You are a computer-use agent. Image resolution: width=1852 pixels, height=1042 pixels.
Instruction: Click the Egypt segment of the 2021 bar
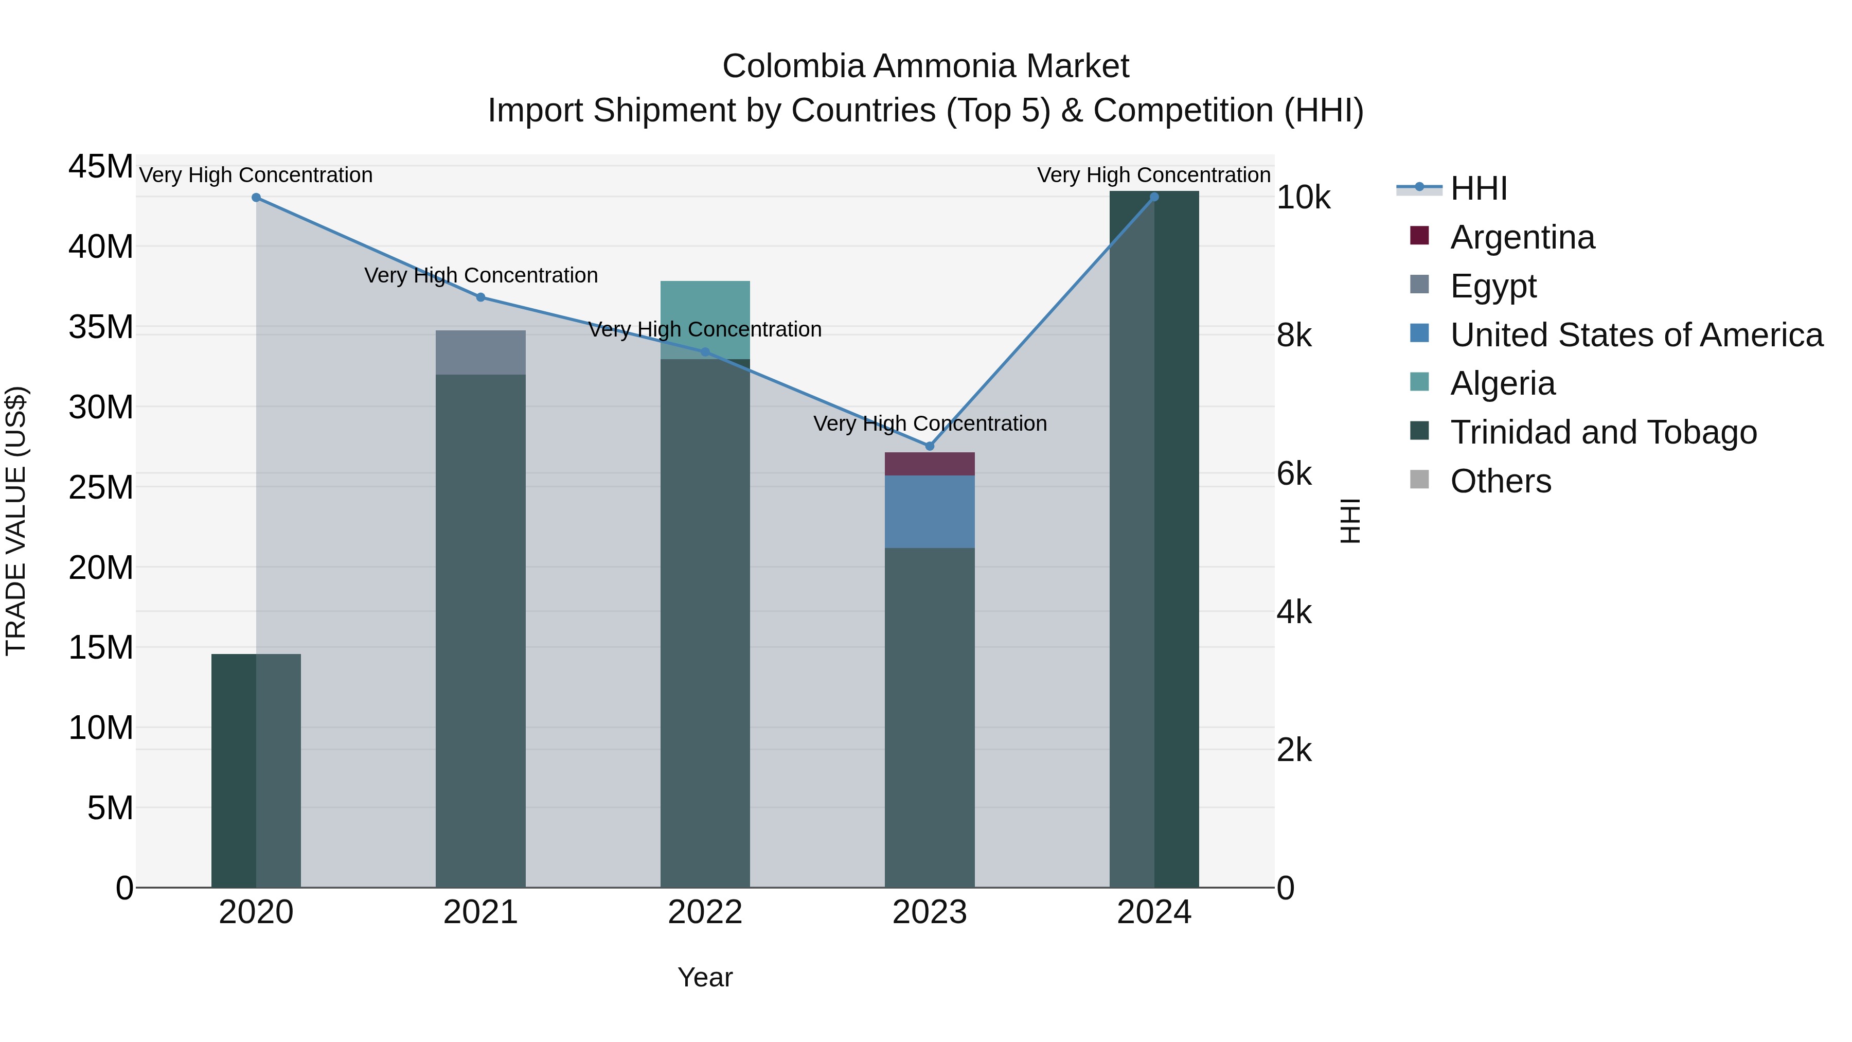coord(480,352)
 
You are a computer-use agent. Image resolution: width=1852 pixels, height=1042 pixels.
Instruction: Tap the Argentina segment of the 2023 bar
coord(929,464)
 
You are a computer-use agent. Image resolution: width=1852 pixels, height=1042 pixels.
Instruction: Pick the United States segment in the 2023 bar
coord(929,511)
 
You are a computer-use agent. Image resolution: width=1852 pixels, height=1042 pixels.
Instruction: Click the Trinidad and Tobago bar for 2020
coord(256,769)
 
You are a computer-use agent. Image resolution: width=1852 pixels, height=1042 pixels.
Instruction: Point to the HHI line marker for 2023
coord(929,446)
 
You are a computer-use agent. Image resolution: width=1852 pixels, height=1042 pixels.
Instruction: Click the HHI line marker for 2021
coord(480,297)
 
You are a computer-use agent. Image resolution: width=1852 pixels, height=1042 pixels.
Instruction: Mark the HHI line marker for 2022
coord(705,351)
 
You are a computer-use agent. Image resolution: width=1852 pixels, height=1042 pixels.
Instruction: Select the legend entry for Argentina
coord(1522,237)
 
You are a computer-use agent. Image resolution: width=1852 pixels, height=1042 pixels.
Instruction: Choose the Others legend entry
coord(1501,481)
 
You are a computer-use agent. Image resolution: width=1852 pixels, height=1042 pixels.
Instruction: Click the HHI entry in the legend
coord(1478,188)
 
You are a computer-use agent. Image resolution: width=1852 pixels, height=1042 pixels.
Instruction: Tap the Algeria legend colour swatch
coord(1419,382)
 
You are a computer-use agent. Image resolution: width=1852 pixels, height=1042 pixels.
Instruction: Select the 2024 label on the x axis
coord(1153,912)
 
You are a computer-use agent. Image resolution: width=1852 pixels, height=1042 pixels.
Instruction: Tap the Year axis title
coord(705,977)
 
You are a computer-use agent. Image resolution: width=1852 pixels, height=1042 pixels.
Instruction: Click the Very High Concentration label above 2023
coord(929,423)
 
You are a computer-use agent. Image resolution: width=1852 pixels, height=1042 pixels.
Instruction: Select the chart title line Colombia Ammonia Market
coord(925,66)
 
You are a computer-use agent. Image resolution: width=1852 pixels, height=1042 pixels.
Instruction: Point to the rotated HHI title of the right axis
coord(1350,521)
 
